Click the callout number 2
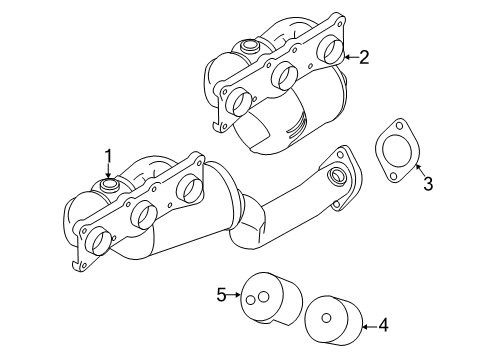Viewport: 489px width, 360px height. click(365, 58)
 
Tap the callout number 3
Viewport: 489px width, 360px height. click(427, 183)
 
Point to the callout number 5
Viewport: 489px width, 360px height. click(222, 294)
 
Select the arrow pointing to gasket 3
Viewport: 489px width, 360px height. click(419, 170)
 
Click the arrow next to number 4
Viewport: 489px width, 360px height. click(368, 324)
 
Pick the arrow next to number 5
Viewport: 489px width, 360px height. click(237, 295)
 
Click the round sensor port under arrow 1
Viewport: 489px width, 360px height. click(109, 186)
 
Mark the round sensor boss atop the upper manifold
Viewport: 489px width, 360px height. click(246, 47)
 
